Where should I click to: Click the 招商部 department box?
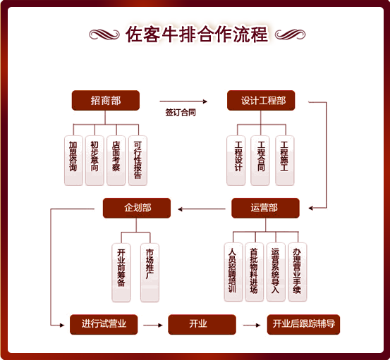pyautogui.click(x=106, y=100)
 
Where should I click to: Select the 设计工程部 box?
pyautogui.click(x=261, y=100)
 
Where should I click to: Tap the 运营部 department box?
pyautogui.click(x=265, y=208)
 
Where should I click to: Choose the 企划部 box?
pyautogui.click(x=137, y=208)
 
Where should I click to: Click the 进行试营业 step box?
pyautogui.click(x=104, y=325)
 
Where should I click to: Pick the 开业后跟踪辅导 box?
pyautogui.click(x=303, y=325)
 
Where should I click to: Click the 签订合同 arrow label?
pyautogui.click(x=181, y=112)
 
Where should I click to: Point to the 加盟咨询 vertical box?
pyautogui.click(x=73, y=161)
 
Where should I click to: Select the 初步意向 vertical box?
pyautogui.click(x=95, y=161)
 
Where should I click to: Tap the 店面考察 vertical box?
pyautogui.click(x=116, y=161)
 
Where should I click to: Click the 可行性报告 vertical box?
pyautogui.click(x=138, y=161)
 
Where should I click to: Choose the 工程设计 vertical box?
pyautogui.click(x=236, y=161)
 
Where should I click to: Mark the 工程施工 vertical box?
pyautogui.click(x=285, y=161)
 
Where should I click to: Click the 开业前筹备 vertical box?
pyautogui.click(x=121, y=273)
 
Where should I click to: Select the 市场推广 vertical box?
pyautogui.click(x=150, y=273)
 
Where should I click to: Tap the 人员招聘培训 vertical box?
pyautogui.click(x=233, y=272)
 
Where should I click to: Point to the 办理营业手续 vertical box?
pyautogui.click(x=298, y=272)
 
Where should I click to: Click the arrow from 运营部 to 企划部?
pyautogui.click(x=202, y=209)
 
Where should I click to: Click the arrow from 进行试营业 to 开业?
pyautogui.click(x=153, y=325)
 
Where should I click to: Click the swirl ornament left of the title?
pyautogui.click(x=104, y=35)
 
